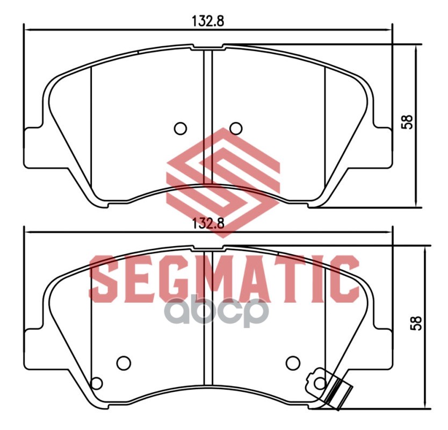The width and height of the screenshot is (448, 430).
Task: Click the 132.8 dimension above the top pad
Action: coord(208,21)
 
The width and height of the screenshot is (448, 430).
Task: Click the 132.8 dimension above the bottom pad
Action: coord(208,223)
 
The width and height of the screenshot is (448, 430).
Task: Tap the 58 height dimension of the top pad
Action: coord(407,122)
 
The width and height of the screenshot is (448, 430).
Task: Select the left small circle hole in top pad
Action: coord(180,128)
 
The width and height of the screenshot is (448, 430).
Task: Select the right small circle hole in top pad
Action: coord(236,128)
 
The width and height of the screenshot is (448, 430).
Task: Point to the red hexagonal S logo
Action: coord(223,183)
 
